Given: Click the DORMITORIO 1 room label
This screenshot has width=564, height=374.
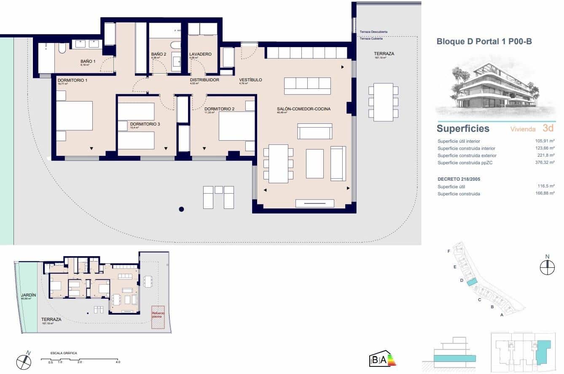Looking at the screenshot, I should (x=72, y=80).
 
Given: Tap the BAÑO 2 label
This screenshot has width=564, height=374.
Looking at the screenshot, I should (x=158, y=54).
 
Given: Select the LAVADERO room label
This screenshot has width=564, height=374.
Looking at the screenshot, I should (x=200, y=54).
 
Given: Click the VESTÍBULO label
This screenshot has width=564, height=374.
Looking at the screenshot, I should (x=250, y=80).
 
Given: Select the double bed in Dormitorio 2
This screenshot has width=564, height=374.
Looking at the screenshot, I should (x=236, y=126).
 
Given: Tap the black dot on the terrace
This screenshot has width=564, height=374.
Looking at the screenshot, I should (x=181, y=209).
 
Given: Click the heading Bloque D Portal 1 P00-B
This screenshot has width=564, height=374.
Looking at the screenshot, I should (x=484, y=41).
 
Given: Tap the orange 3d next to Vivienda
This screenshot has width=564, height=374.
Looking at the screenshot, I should (x=548, y=128).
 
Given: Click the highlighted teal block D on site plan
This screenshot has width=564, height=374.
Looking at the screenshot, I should (x=472, y=282).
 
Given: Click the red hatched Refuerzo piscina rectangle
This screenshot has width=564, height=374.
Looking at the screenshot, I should (x=158, y=317).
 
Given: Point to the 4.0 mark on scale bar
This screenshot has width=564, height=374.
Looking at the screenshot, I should (x=118, y=362).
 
